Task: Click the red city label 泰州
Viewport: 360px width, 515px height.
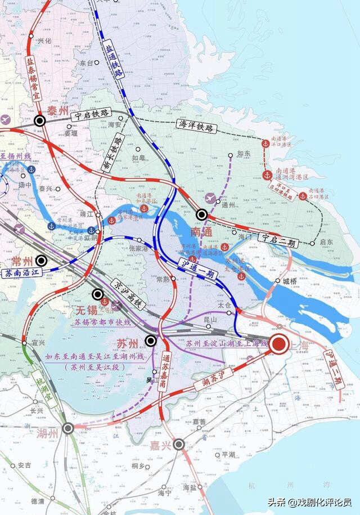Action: [58, 111]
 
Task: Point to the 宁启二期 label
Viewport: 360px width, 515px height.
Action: [277, 241]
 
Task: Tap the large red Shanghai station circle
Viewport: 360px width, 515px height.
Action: [277, 346]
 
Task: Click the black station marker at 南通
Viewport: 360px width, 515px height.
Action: [202, 214]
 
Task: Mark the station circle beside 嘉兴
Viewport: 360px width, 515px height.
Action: [179, 445]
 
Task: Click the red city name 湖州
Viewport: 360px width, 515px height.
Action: [47, 433]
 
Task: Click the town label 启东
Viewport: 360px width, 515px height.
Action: [326, 243]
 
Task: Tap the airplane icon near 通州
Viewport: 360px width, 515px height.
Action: [210, 199]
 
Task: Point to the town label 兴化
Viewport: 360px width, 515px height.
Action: [44, 40]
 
